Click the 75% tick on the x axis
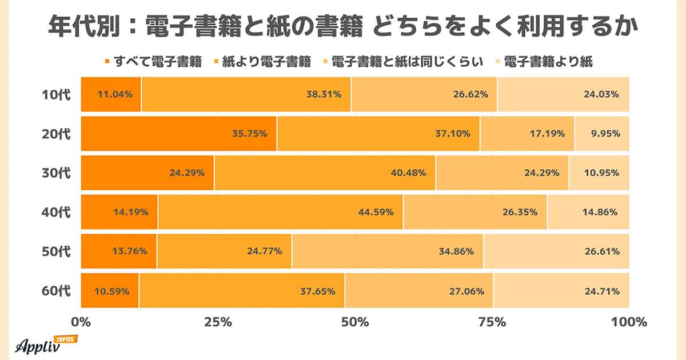click(492, 322)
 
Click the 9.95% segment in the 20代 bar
click(602, 134)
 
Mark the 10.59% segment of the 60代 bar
click(110, 291)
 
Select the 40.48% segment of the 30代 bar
click(325, 173)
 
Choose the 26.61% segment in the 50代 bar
click(556, 251)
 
